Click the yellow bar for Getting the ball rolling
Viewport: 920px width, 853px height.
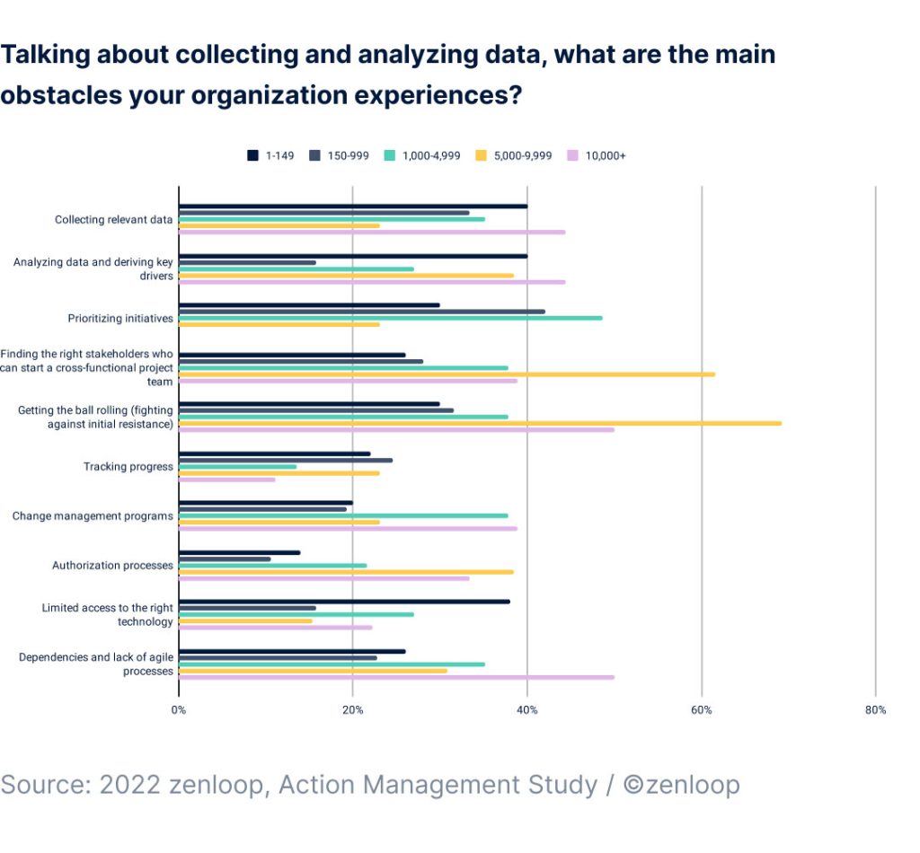pos(480,423)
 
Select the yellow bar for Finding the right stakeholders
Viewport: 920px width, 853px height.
pos(447,374)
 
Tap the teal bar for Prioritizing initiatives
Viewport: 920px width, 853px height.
pos(390,318)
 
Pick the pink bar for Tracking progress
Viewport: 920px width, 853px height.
pos(226,479)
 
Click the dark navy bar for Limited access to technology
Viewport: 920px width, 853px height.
pos(344,602)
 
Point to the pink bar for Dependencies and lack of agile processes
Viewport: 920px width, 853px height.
pos(396,677)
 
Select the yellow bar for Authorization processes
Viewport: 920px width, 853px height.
pos(346,571)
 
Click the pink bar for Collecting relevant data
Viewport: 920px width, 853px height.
pos(372,232)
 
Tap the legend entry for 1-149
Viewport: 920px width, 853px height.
pos(270,155)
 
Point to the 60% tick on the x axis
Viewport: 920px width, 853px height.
pos(702,710)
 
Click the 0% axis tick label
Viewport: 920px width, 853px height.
pos(179,710)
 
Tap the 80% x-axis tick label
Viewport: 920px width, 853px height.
pos(875,710)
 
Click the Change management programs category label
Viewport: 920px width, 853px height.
pos(93,516)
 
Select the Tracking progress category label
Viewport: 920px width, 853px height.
pos(128,467)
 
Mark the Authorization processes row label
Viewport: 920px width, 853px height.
pos(112,566)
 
